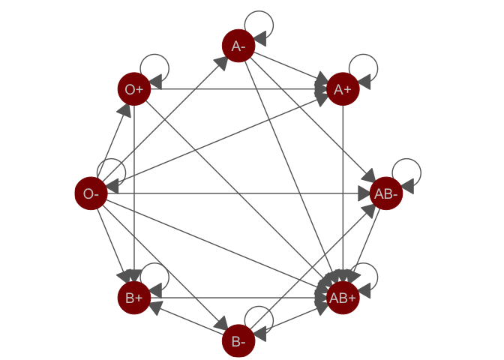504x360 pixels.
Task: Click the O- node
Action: (x=91, y=194)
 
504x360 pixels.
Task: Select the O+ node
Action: (x=134, y=90)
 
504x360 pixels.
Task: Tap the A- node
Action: (x=238, y=46)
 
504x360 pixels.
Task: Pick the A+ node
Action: (x=343, y=90)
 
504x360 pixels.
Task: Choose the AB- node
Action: (x=386, y=194)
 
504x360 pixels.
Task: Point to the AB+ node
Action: (x=343, y=298)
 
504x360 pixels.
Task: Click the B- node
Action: (x=238, y=342)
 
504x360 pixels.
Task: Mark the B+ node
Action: (x=134, y=298)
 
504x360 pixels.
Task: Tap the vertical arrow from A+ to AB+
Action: (x=343, y=187)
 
